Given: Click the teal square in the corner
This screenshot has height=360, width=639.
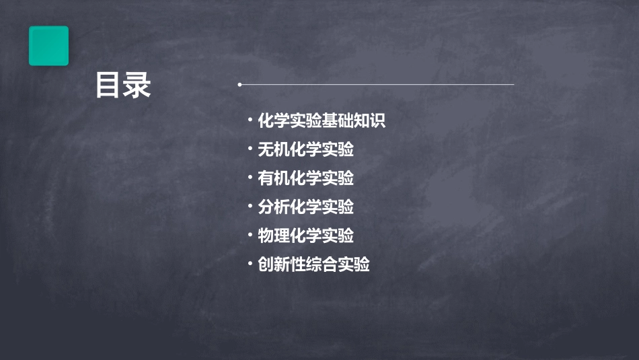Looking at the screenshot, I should [x=48, y=46].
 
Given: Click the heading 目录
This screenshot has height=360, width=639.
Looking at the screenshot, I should [x=123, y=86].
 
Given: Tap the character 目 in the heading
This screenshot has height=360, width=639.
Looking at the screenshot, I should [x=108, y=86].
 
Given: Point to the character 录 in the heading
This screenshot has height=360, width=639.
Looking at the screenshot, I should [x=138, y=86].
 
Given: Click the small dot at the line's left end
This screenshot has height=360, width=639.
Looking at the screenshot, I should [x=239, y=85].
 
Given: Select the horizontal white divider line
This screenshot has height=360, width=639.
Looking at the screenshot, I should [x=377, y=85].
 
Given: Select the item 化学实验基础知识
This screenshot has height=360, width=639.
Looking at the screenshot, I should [x=322, y=121].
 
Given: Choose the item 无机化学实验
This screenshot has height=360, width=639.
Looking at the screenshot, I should [x=306, y=149].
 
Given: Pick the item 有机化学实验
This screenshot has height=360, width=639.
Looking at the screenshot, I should [x=306, y=178].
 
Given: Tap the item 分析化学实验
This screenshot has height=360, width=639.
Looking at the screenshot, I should [x=306, y=207].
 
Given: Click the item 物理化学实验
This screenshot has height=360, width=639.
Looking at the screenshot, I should [x=306, y=236].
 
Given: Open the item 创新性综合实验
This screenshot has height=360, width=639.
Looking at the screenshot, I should [x=313, y=264].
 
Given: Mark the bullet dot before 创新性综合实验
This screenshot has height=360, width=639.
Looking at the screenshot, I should [x=250, y=264].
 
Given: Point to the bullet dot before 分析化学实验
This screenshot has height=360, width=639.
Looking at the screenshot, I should [x=250, y=207].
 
